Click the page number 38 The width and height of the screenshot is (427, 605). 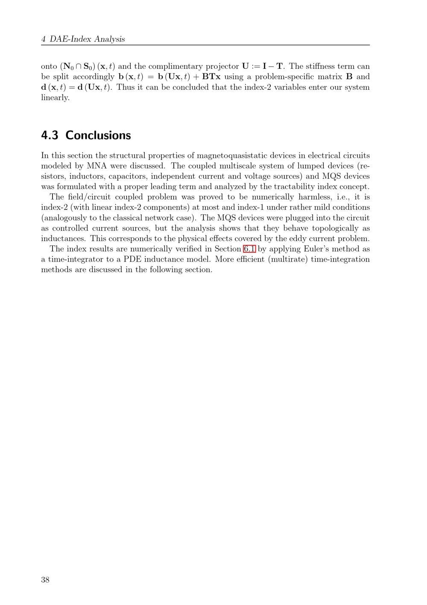(45, 580)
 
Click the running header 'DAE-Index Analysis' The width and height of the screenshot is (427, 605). (87, 39)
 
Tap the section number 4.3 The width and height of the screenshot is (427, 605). (50, 135)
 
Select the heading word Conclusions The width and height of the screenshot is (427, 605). (98, 135)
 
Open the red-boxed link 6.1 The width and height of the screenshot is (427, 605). (249, 249)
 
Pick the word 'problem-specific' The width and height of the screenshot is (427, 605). (284, 77)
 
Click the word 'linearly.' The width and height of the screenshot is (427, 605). (55, 97)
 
